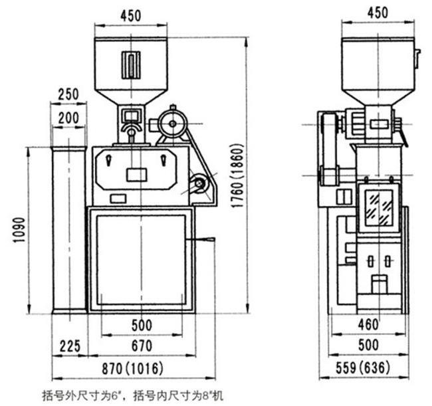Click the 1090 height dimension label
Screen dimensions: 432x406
[x=20, y=229]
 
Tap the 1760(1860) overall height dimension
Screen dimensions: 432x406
[x=237, y=175]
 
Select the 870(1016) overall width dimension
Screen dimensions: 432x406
[x=132, y=369]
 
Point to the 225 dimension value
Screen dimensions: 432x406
[x=70, y=346]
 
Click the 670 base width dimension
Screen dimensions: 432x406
[x=142, y=346]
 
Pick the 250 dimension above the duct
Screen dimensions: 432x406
[x=68, y=94]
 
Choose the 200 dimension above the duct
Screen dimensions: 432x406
[x=68, y=118]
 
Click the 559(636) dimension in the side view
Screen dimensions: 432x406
[x=363, y=367]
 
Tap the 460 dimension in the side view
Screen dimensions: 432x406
[x=368, y=324]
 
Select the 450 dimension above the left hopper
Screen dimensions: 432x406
[x=131, y=16]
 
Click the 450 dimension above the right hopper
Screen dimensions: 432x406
[x=378, y=13]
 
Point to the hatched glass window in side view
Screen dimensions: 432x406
[x=379, y=209]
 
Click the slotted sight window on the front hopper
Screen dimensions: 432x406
[x=131, y=65]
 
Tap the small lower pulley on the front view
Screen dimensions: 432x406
[x=199, y=183]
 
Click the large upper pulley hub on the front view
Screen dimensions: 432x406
[x=173, y=124]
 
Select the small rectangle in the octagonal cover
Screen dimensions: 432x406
[x=137, y=175]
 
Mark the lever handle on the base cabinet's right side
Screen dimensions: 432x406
[x=200, y=240]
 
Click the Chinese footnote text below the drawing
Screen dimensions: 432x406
[x=132, y=396]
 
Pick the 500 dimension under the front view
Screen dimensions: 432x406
[x=142, y=326]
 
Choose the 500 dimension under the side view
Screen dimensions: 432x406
[x=369, y=345]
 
